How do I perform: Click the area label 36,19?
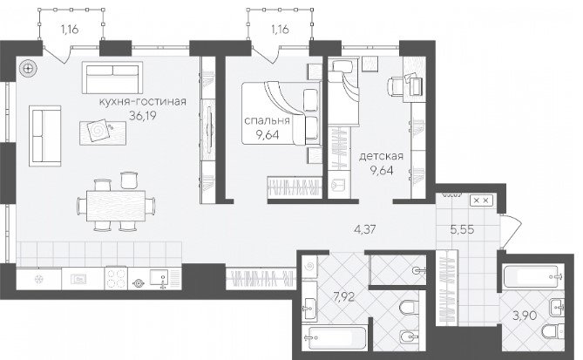point(143,116)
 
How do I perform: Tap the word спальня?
point(267,120)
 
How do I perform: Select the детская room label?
point(381,156)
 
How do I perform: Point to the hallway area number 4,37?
point(365,229)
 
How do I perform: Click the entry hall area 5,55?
point(462,229)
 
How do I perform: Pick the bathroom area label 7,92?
point(343,297)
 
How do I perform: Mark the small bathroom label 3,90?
point(525,316)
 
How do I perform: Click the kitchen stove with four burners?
point(116,279)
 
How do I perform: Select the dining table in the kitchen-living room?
point(116,206)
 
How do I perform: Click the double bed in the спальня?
point(281,112)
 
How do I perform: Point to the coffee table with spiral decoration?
point(103,132)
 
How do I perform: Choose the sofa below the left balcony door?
point(112,78)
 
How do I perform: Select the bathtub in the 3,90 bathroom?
point(532,276)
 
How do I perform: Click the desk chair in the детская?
point(396,86)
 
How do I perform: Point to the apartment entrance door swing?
point(512,231)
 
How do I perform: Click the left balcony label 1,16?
point(70,29)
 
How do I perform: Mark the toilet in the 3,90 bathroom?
point(552,331)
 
